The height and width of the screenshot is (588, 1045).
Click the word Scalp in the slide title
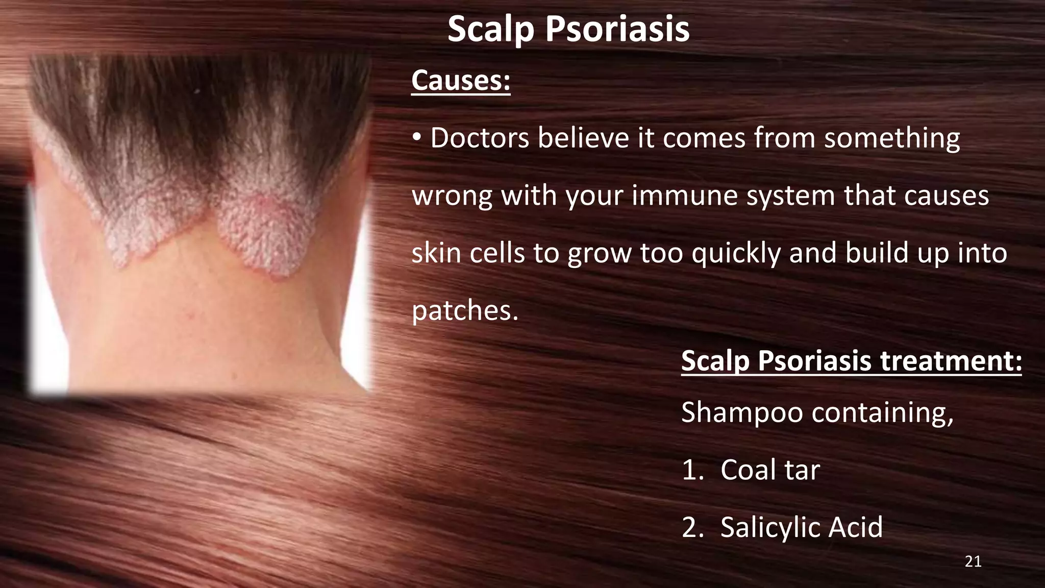[491, 30]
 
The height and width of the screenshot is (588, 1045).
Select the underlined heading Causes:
[461, 81]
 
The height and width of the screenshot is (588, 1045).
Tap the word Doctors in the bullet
[480, 138]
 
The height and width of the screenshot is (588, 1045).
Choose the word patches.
[464, 311]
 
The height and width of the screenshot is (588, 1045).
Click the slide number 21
[973, 562]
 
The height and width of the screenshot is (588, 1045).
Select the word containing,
[883, 412]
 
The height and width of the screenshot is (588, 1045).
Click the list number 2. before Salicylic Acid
[692, 527]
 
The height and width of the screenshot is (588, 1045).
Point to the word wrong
[452, 196]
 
